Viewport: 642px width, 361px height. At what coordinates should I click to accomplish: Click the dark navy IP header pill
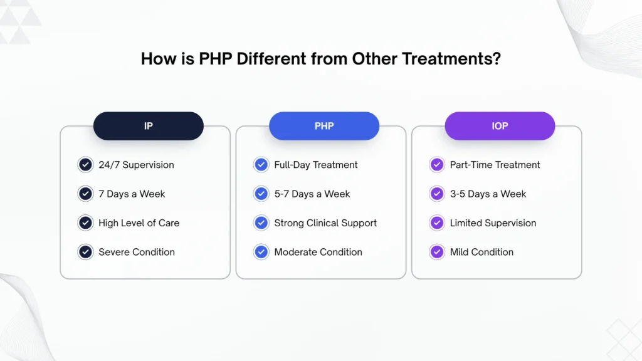click(149, 126)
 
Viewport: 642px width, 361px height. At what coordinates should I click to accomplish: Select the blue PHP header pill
click(324, 126)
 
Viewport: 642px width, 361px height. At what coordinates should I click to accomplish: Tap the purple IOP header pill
click(500, 126)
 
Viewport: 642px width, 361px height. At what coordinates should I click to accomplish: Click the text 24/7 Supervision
click(136, 165)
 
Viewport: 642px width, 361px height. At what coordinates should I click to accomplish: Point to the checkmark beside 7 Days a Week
click(85, 194)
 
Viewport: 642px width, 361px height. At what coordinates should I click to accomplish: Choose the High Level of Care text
click(139, 223)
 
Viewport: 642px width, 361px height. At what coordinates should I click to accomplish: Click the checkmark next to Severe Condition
click(85, 252)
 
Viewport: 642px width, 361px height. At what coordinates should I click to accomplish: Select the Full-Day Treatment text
click(316, 165)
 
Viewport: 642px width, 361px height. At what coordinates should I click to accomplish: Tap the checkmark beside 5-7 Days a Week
click(261, 194)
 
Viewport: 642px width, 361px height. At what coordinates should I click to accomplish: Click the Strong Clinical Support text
click(325, 223)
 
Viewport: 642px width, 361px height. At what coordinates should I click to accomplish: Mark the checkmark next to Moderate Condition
click(261, 252)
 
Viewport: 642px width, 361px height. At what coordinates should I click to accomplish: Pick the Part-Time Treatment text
click(495, 165)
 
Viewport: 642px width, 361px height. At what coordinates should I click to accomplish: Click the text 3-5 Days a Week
click(488, 194)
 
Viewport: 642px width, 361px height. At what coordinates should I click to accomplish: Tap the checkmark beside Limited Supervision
click(437, 223)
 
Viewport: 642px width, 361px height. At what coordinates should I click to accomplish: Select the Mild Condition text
click(481, 252)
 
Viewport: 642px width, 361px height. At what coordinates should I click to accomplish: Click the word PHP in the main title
click(216, 59)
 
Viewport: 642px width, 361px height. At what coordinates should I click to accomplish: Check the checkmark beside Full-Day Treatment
click(261, 165)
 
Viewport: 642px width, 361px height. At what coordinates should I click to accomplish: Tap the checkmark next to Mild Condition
click(437, 252)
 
